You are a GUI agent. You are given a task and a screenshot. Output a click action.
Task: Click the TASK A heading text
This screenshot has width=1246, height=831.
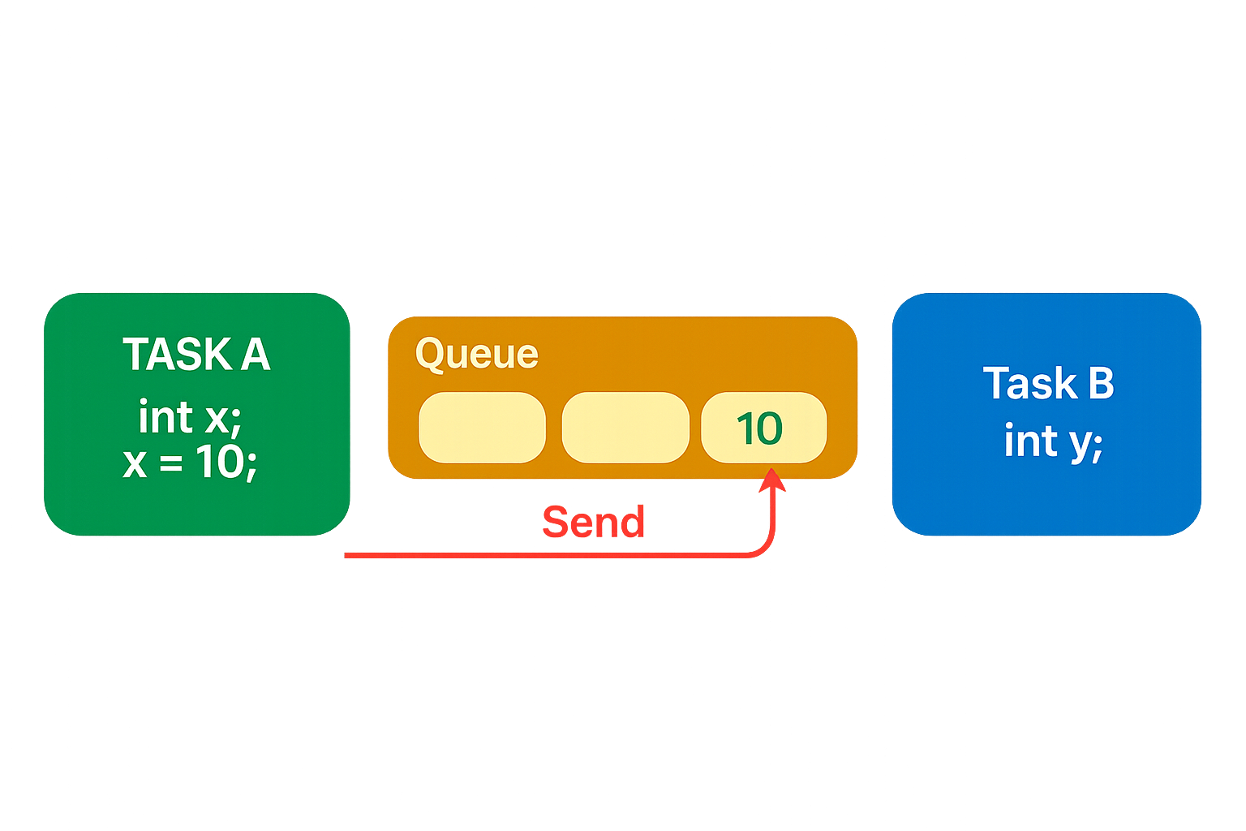coord(196,355)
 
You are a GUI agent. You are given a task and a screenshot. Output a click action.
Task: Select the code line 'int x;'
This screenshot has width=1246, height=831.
coord(190,417)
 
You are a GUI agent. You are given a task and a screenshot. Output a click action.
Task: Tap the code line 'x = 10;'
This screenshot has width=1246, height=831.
coord(190,462)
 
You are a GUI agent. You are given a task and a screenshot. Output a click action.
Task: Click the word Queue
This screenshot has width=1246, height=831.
coord(476,354)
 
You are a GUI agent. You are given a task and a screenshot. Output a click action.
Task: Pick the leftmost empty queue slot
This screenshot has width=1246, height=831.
coord(482,428)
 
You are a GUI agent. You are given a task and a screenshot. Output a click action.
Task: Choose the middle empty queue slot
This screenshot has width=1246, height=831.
coord(625,428)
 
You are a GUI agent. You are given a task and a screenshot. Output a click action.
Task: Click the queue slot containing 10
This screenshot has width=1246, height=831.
coord(763,428)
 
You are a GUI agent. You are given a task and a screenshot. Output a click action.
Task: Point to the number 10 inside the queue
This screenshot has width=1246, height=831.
coord(759,428)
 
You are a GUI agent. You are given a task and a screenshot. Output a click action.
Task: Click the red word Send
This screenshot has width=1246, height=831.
coord(593,522)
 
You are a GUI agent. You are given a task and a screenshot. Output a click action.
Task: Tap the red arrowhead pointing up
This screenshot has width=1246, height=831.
coord(771,480)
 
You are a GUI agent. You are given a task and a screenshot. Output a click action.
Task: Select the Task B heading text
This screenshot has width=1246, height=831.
coord(1048,383)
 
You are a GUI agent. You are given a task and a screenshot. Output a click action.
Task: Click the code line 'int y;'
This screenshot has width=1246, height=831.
coord(1053,441)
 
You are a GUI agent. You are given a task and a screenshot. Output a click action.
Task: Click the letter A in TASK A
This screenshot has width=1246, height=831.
coord(255,355)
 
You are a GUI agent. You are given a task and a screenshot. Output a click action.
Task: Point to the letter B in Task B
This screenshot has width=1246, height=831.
coord(1101,383)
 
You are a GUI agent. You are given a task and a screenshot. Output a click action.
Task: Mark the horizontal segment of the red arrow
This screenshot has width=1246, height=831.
coord(544,556)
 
